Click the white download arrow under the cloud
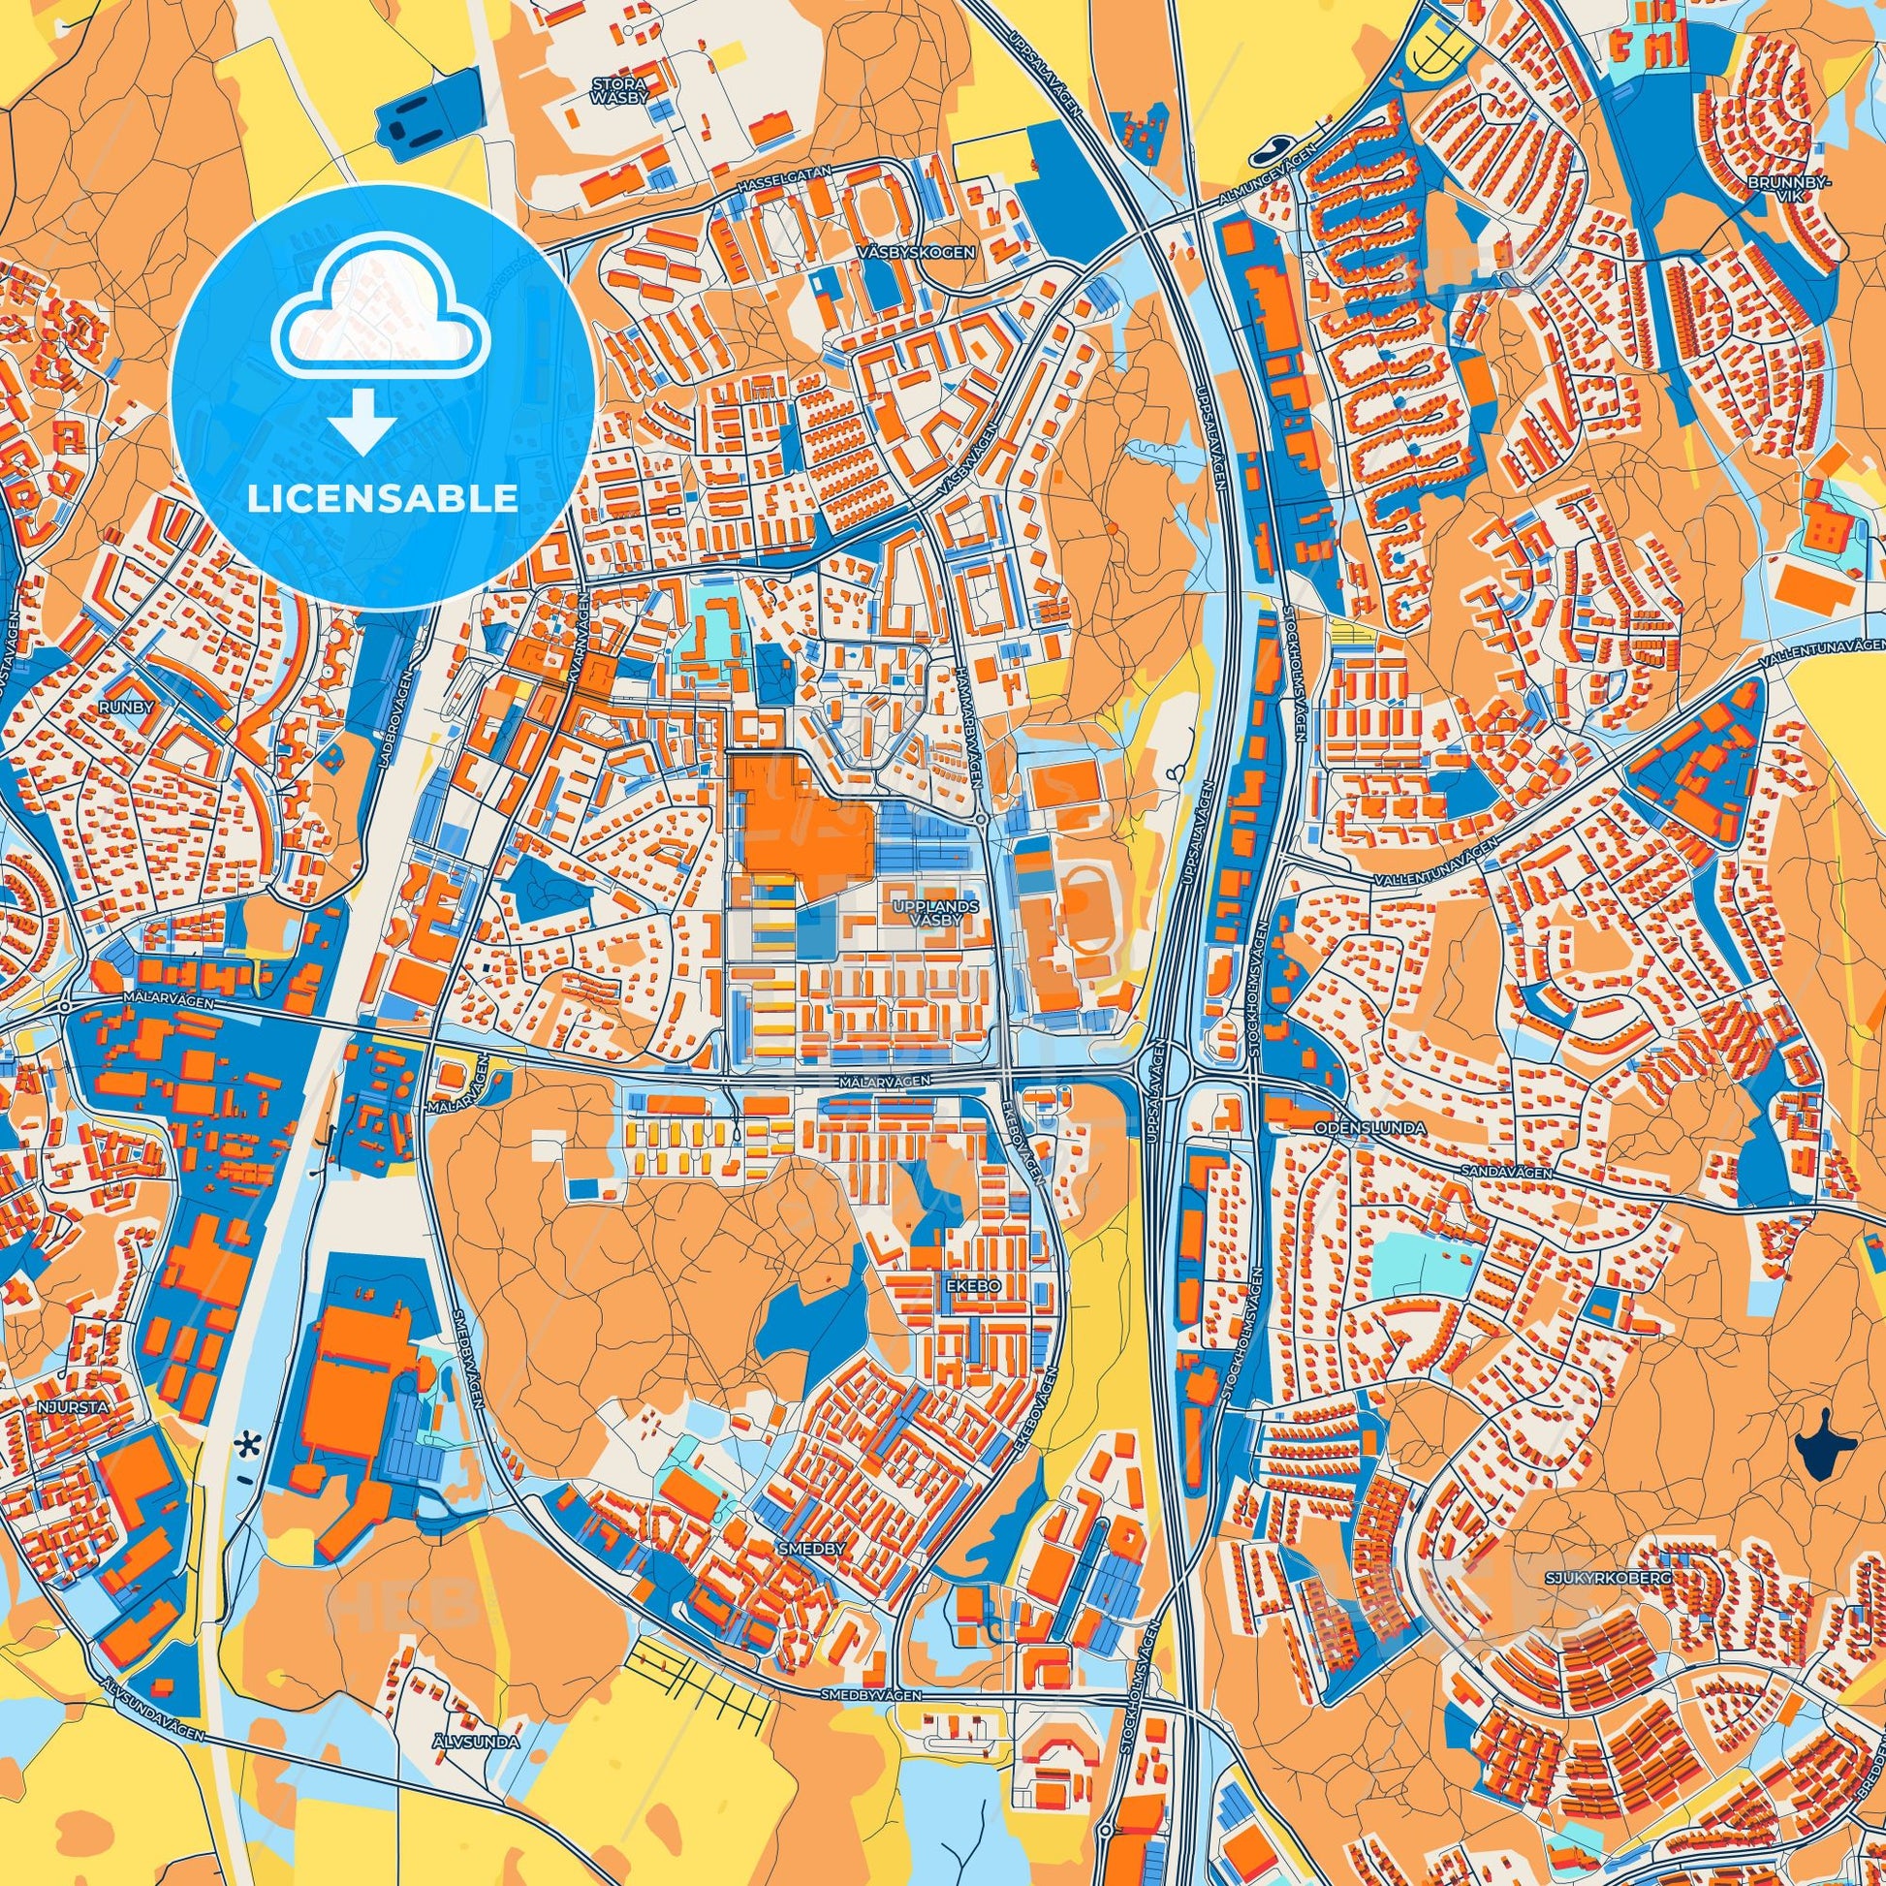coord(361,423)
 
